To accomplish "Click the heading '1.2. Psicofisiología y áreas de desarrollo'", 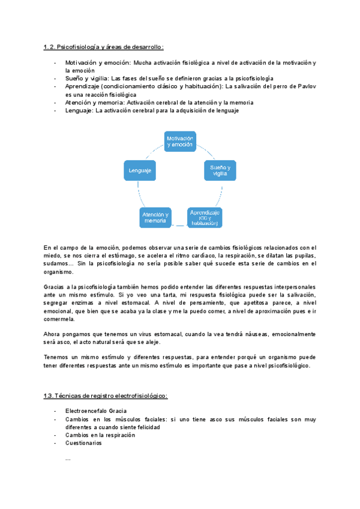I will [103, 47].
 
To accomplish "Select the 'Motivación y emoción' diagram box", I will [180, 142].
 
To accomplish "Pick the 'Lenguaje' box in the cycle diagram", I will [139, 170].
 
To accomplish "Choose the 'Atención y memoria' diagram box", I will [155, 217].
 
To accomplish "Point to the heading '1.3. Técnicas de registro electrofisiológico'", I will [106, 396].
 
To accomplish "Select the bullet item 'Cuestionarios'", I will [83, 443].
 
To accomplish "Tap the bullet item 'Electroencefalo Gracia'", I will [96, 411].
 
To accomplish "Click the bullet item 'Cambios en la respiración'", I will [100, 435].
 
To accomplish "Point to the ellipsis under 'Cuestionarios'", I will [68, 458].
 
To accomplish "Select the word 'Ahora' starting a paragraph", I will [52, 334].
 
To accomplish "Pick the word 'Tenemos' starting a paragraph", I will [56, 358].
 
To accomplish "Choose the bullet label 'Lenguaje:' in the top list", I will [80, 110].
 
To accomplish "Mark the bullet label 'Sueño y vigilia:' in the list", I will [88, 79].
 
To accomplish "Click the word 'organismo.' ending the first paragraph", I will [59, 272].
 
